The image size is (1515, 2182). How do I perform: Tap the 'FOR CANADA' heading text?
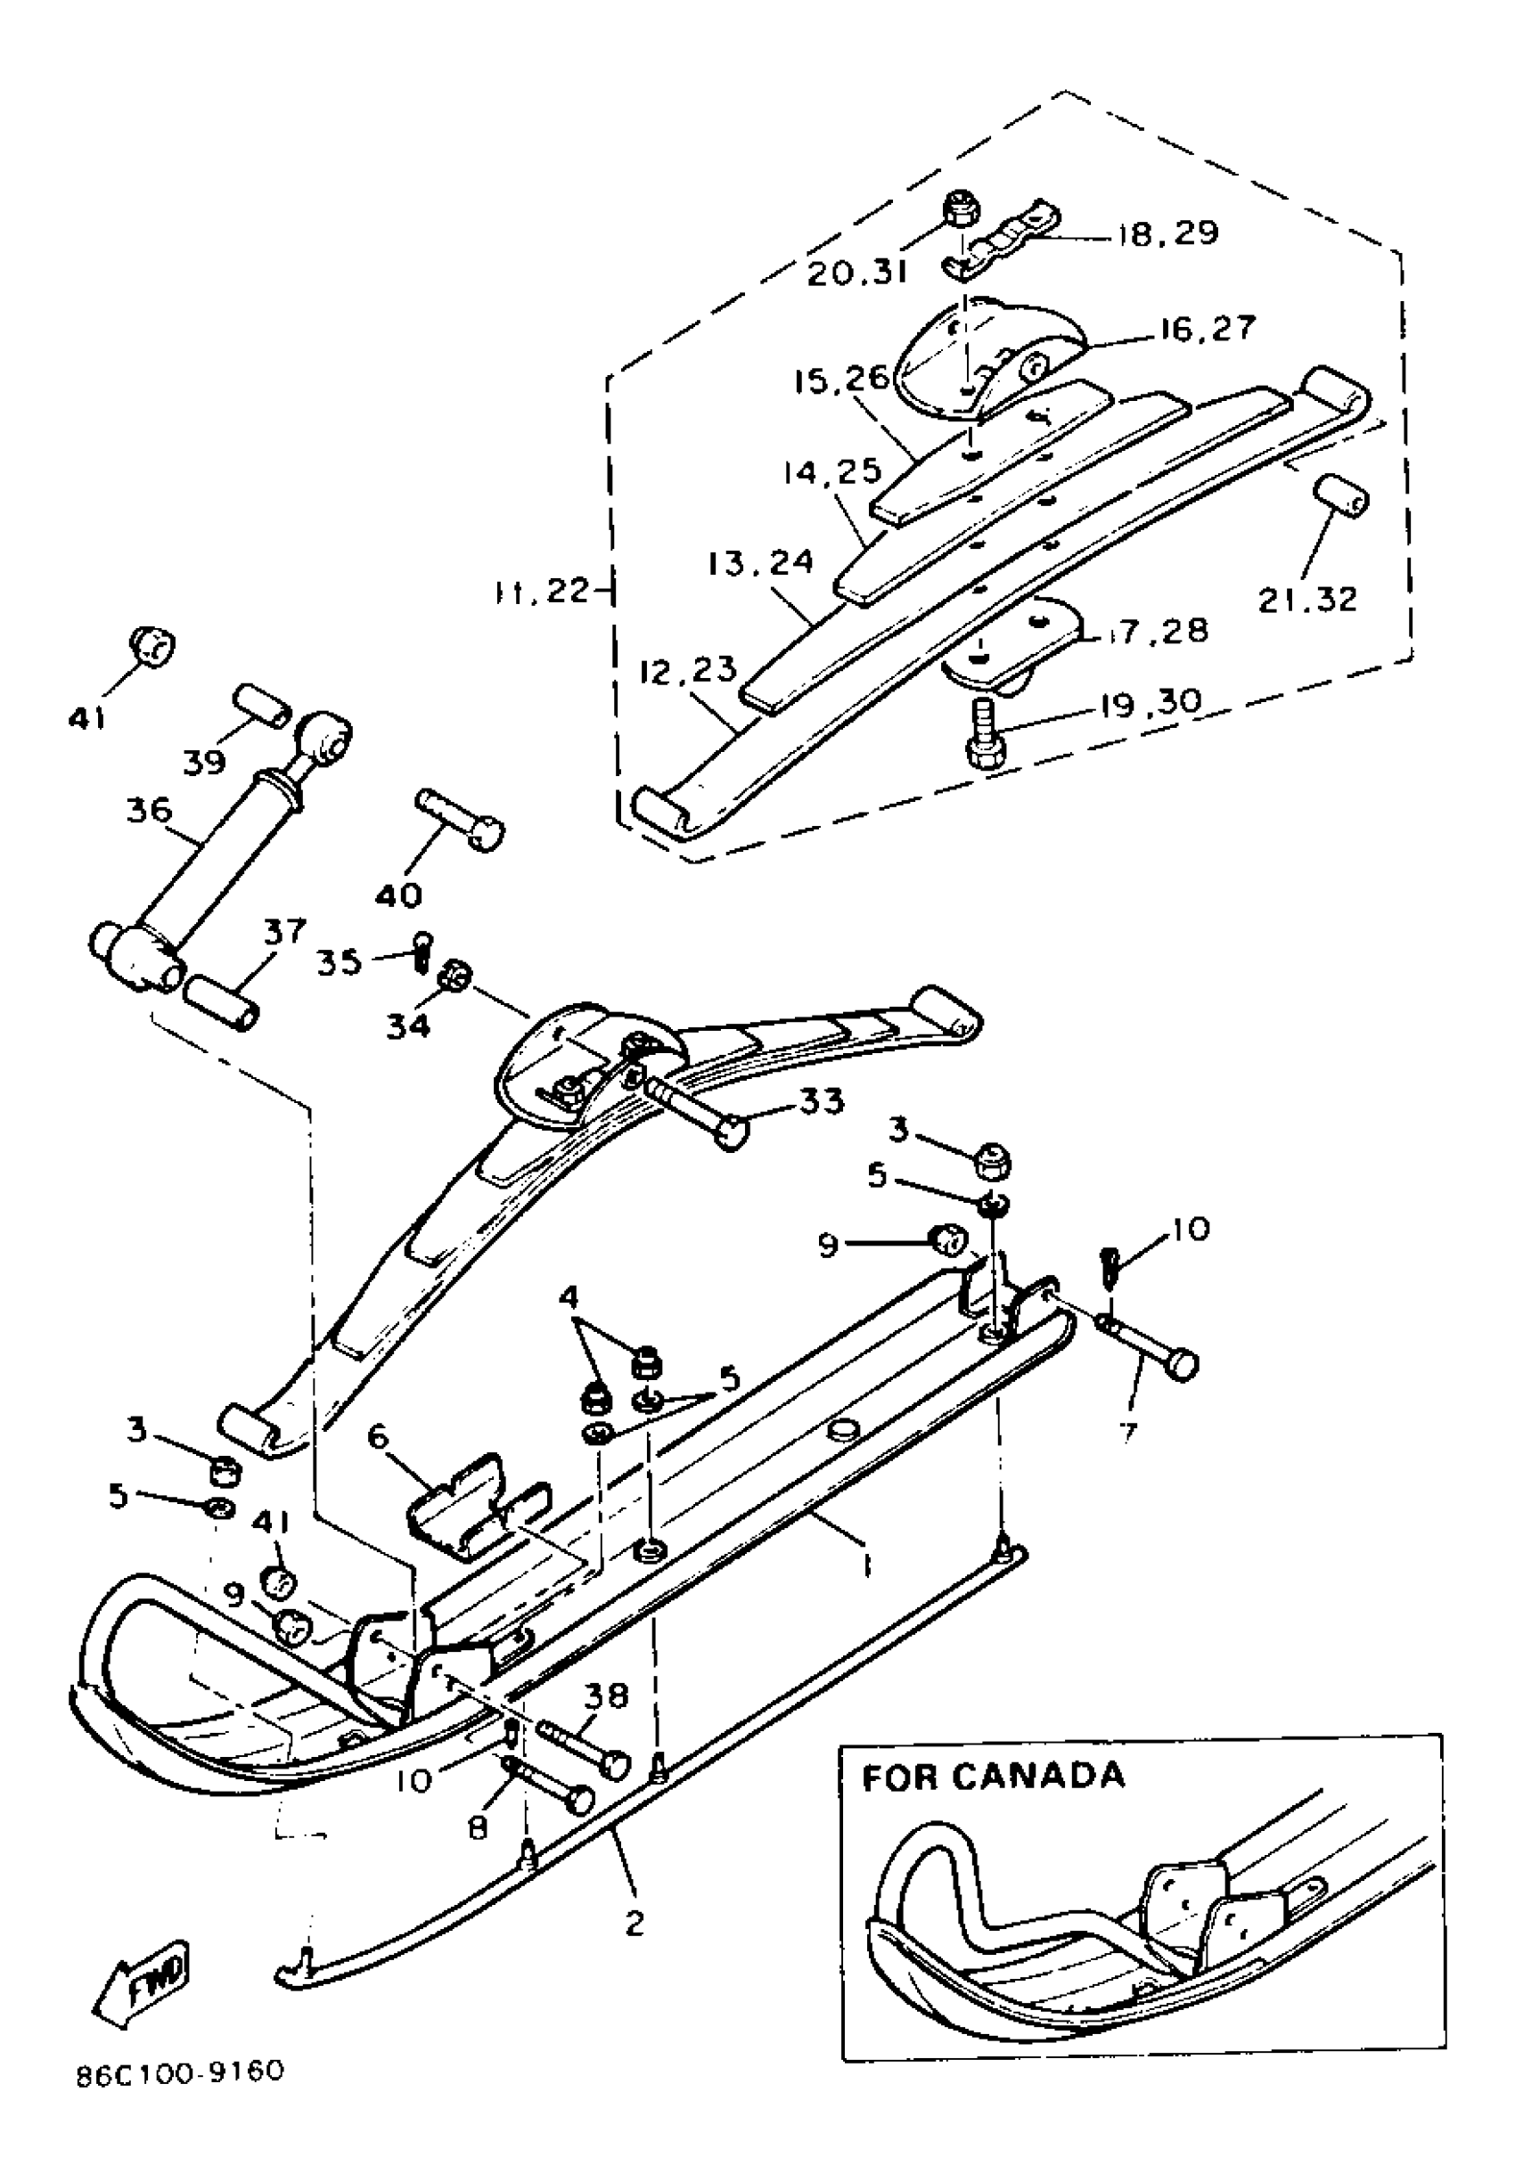992,1776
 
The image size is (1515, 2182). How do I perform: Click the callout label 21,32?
1307,599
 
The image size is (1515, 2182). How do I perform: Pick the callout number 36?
149,812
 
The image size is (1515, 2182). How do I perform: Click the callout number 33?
821,1102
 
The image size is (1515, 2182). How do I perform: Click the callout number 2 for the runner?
635,1924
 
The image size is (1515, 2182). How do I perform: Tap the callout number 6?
378,1438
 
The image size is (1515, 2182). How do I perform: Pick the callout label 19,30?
1151,702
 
